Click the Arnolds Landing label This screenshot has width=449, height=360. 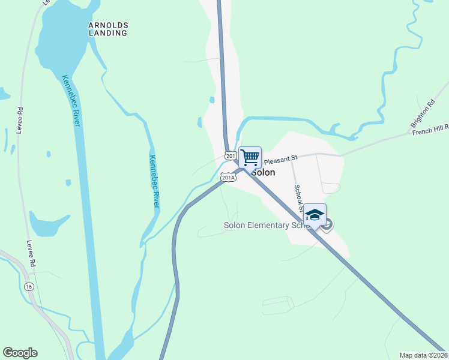click(x=108, y=29)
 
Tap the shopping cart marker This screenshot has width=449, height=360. click(x=250, y=157)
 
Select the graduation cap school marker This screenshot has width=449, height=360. click(x=315, y=215)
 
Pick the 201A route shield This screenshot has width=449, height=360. click(x=228, y=177)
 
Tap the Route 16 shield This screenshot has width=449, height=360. click(x=29, y=287)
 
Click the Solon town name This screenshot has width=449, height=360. click(x=264, y=172)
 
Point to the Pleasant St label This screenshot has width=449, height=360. click(x=281, y=159)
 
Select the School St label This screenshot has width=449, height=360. click(x=298, y=199)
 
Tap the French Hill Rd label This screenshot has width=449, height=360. click(x=430, y=130)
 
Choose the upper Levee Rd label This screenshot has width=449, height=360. click(x=20, y=122)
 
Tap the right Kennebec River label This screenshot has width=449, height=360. click(x=154, y=179)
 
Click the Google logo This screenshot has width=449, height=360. click(x=20, y=353)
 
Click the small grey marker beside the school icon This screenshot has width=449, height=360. click(x=327, y=225)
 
